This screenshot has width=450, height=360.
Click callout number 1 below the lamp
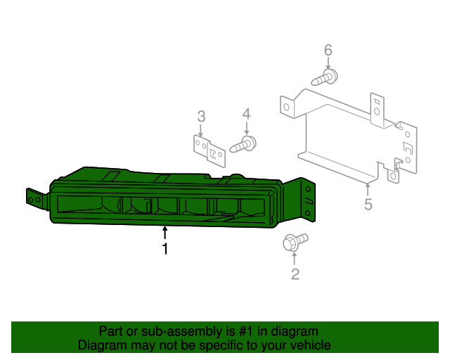point(165,248)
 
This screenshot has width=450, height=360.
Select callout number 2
point(295,274)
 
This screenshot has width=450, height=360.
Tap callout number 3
point(202,117)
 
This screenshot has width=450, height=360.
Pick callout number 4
point(247,114)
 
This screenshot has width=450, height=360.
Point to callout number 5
point(368,205)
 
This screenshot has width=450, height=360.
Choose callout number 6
point(328,50)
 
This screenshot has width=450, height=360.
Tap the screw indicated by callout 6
point(324,77)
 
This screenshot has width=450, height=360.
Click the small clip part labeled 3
point(210,151)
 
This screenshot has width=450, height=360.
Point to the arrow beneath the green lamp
point(165,233)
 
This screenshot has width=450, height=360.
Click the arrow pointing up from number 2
point(294,258)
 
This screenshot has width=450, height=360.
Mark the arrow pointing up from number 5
point(367,190)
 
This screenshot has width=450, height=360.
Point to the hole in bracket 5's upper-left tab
point(286,107)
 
